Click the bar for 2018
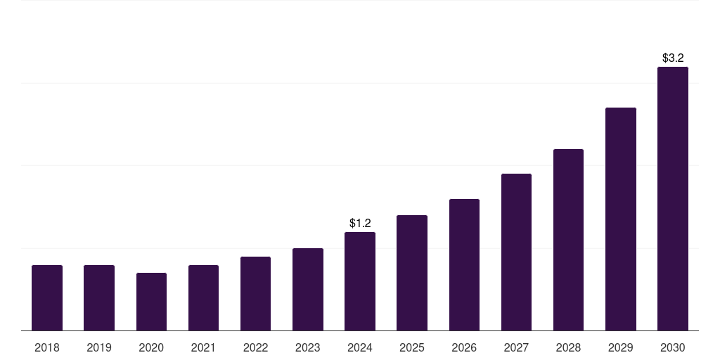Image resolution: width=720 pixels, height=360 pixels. pos(47,297)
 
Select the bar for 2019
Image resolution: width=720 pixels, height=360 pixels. pos(99,297)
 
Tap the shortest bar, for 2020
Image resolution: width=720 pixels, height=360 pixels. pos(151,302)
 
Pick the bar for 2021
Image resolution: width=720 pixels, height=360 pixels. pos(203,297)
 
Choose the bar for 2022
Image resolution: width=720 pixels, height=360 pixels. pos(255,293)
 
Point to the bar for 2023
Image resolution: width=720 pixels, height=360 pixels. pos(308,289)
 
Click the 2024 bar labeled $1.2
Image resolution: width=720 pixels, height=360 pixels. pos(360,281)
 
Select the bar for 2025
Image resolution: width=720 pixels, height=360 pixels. pos(412,273)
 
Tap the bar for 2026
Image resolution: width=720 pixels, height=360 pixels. pos(464,264)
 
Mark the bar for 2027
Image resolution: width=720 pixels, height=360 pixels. pos(516,252)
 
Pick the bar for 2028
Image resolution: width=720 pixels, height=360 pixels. pos(568,240)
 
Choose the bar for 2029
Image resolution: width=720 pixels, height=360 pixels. pos(621,219)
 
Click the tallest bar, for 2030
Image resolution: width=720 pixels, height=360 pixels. pos(673,198)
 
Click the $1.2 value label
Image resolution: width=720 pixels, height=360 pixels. pos(360,223)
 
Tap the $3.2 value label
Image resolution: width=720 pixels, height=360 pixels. pos(673,58)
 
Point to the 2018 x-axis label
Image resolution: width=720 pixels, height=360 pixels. pos(47,347)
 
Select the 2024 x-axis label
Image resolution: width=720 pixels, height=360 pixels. pos(360,347)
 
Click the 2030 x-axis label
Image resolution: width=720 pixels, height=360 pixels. pos(673,347)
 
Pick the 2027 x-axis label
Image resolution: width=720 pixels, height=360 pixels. pos(516,347)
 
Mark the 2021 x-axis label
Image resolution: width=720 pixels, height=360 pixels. pos(203,347)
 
